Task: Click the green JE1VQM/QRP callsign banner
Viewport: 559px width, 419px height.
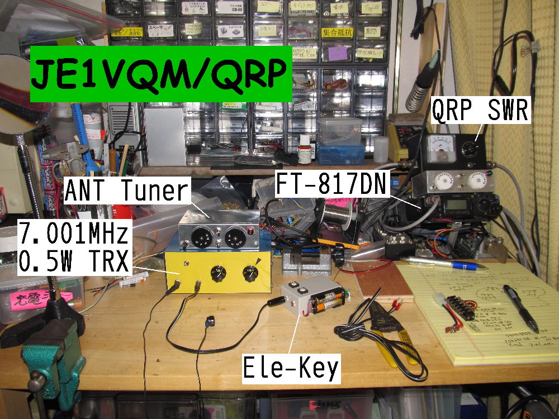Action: pyautogui.click(x=161, y=74)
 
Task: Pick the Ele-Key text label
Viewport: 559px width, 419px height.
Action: pyautogui.click(x=291, y=368)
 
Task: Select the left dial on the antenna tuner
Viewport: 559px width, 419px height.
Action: pyautogui.click(x=198, y=239)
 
